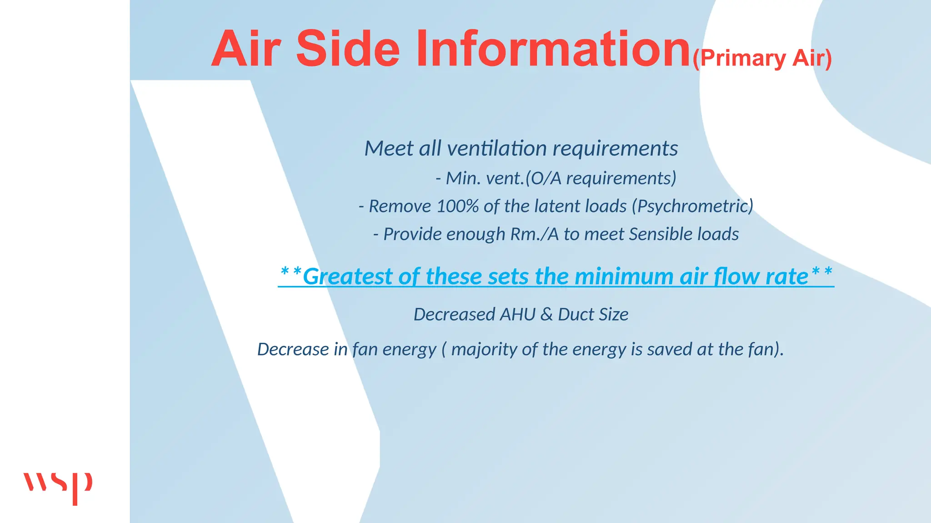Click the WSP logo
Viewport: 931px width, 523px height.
pos(58,487)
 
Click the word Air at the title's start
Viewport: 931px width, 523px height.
pos(245,49)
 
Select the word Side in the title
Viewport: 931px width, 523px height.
pos(348,49)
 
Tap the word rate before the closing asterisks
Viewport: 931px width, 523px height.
pos(786,276)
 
